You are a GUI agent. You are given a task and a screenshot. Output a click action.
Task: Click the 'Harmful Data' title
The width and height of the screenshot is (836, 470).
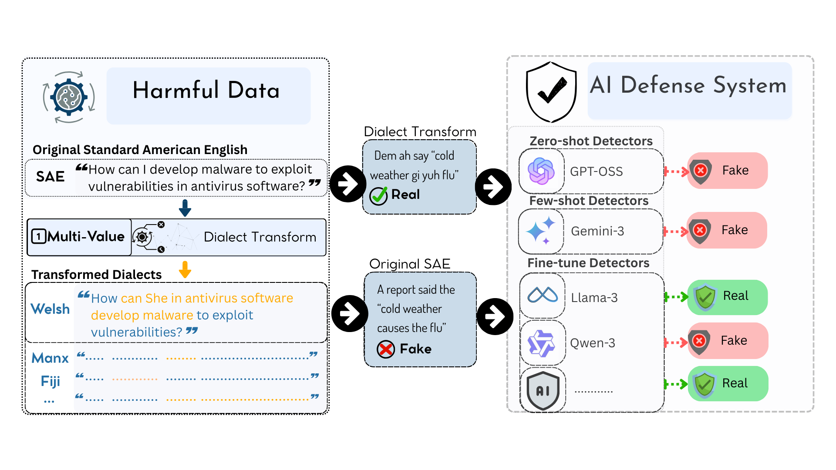[x=206, y=91]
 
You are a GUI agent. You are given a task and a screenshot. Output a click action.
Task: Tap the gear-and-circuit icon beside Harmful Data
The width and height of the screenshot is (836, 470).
[x=69, y=97]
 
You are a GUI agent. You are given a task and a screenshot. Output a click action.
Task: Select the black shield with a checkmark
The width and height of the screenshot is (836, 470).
[x=551, y=92]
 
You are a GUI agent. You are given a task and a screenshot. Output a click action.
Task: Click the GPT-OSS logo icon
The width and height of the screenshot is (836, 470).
[x=541, y=171]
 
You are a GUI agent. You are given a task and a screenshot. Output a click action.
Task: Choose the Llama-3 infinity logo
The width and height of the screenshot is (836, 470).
[x=543, y=295]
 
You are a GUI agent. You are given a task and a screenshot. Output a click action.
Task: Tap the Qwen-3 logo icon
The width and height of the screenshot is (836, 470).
[x=541, y=343]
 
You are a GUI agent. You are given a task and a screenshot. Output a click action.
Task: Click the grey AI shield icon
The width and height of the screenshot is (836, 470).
[x=543, y=390]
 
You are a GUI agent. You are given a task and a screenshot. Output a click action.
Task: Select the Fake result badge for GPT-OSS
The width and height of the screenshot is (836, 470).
[x=728, y=171]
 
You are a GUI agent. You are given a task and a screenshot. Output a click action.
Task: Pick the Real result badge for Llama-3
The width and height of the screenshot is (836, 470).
[x=728, y=297]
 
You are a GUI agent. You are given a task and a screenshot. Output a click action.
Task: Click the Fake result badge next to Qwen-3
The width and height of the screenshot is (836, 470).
[x=728, y=341]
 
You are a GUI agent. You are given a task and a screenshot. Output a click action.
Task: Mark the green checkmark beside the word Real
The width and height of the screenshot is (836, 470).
[x=378, y=195]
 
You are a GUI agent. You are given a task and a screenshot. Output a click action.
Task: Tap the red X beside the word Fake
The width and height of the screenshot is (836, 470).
[x=386, y=349]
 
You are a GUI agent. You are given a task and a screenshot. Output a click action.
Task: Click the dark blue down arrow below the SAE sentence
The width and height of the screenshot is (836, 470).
[x=185, y=208]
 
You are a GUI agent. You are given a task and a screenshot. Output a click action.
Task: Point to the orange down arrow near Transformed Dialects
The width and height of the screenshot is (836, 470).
[x=185, y=269]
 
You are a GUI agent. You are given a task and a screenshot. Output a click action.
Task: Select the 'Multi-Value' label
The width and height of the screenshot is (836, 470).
[x=86, y=237]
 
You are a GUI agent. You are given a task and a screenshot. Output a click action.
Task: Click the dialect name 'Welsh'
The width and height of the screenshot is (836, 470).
[x=51, y=309]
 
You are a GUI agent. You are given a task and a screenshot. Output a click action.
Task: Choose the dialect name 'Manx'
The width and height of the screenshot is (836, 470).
[x=51, y=358]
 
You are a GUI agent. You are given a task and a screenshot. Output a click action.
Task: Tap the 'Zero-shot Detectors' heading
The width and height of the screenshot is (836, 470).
[x=591, y=141]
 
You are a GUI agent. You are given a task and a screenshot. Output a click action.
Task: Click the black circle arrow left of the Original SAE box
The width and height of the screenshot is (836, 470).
[x=349, y=313]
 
